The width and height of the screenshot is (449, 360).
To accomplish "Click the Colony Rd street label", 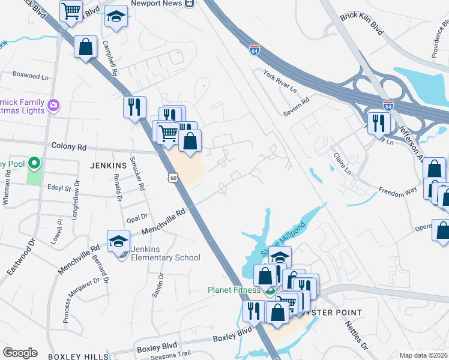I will point(69,146).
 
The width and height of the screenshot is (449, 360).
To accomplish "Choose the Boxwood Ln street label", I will point(30,76).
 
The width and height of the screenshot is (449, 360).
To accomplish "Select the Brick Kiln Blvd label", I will point(361,23).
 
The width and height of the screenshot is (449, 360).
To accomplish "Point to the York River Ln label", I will point(280,81).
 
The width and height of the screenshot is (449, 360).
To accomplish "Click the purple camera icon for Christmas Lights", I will point(53,106).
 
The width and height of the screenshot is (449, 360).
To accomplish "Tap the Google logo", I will point(20,353).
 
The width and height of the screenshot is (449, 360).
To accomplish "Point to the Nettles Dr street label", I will point(355,334).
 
